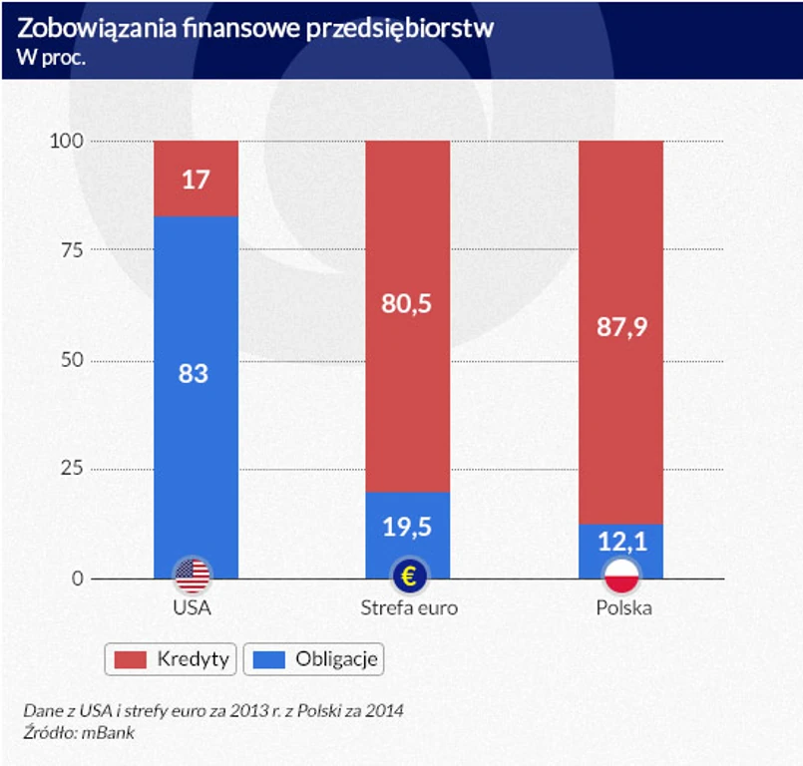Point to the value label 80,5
407,304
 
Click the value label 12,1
620,542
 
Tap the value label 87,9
620,327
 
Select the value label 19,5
407,526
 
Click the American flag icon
193,575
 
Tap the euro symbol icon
408,575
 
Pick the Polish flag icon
621,575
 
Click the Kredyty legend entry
171,658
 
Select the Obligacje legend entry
313,658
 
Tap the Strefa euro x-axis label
409,606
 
